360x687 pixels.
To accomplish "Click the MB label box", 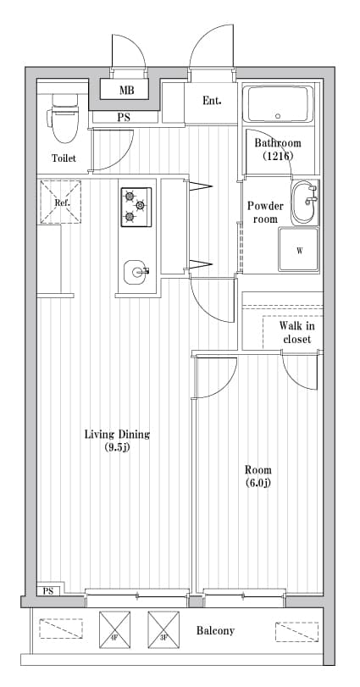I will click(126, 90).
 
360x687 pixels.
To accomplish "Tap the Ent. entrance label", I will click(212, 101).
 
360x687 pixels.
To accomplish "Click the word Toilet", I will click(64, 158).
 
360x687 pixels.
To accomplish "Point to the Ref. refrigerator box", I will click(61, 203).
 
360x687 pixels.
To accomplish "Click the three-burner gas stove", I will click(136, 206).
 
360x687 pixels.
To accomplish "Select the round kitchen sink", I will click(136, 273).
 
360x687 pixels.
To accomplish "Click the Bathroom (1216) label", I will click(277, 149).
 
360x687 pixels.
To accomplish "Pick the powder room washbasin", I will click(304, 203).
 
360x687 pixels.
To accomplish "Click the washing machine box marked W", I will click(299, 251).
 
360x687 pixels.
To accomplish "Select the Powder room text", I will click(265, 213).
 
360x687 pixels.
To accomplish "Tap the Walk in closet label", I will click(296, 332).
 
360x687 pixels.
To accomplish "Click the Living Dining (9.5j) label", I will click(117, 440).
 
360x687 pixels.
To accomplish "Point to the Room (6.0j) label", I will click(258, 476).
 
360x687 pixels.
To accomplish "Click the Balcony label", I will click(215, 631).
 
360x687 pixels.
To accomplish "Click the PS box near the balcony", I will click(47, 591).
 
